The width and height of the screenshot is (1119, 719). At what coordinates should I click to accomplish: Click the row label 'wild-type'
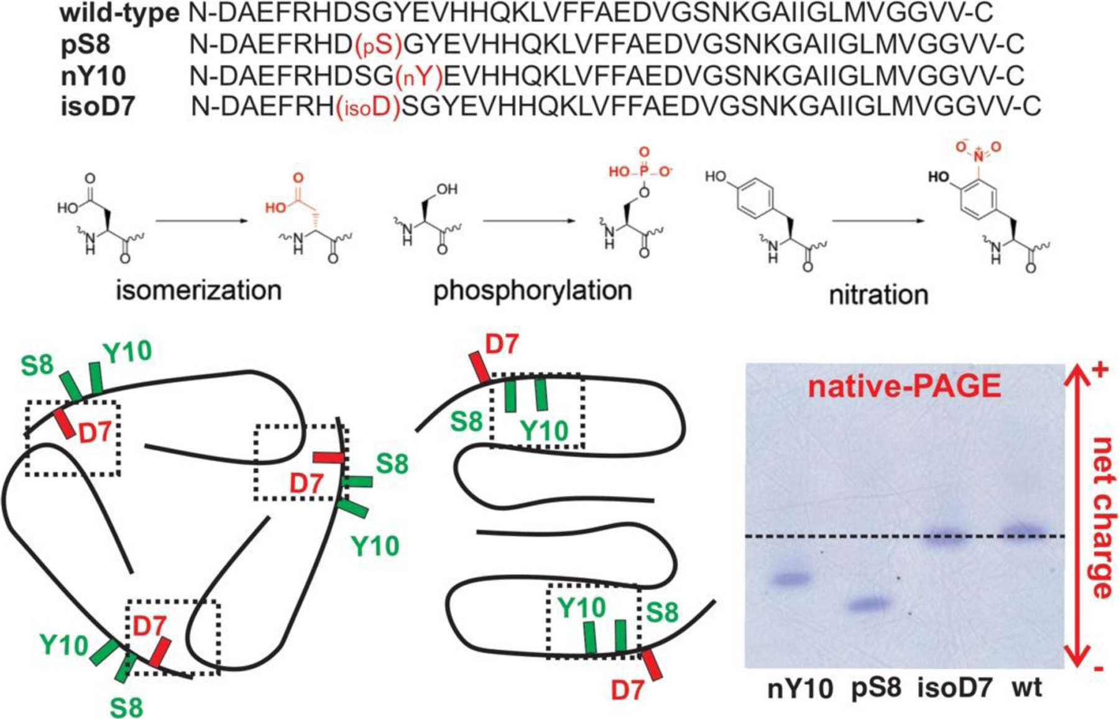[x=120, y=13]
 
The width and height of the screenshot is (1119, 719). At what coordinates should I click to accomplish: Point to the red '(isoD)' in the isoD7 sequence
[x=367, y=107]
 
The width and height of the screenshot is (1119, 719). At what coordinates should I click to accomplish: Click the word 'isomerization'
[x=199, y=290]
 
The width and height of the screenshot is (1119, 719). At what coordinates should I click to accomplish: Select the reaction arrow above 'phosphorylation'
[x=529, y=221]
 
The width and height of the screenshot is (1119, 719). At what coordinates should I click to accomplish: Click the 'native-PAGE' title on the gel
[x=905, y=387]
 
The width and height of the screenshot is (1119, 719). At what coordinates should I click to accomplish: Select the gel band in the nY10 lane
[x=791, y=579]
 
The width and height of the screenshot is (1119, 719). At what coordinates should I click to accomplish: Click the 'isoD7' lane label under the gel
[x=955, y=689]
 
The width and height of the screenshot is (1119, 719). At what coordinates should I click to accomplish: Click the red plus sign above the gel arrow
[x=1100, y=370]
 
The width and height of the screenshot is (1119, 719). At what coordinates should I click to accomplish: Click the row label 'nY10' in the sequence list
[x=93, y=76]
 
